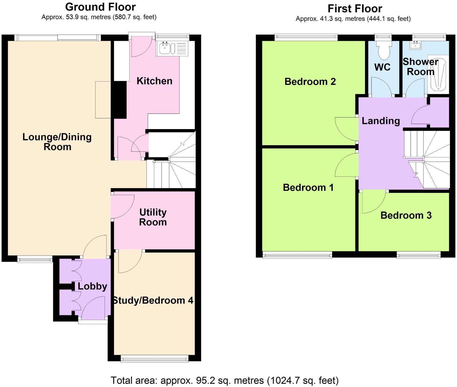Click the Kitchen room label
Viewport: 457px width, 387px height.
point(154,81)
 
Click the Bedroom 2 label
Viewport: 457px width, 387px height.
point(310,82)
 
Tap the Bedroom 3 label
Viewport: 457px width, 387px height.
point(406,215)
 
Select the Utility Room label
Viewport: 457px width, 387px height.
point(153,217)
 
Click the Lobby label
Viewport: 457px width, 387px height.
point(92,286)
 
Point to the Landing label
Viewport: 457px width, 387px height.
point(381,121)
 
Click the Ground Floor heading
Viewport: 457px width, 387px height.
point(100,7)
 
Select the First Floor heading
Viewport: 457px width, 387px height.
point(355,9)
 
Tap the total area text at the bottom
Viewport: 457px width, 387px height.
point(224,380)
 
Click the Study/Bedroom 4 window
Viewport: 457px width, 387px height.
point(154,359)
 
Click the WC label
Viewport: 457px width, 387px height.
point(382,67)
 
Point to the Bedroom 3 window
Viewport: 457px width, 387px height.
point(418,255)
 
